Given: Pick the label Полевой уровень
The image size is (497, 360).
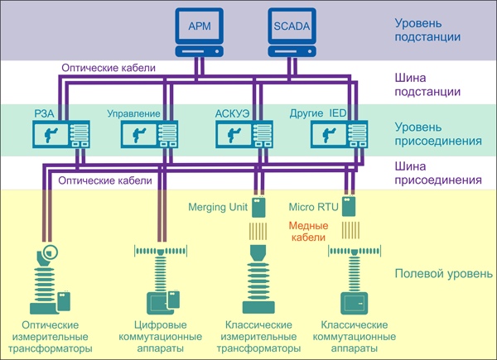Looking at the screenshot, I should pyautogui.click(x=443, y=273).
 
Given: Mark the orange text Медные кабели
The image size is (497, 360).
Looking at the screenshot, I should pyautogui.click(x=307, y=232).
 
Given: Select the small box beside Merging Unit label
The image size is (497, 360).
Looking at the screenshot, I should pyautogui.click(x=259, y=205).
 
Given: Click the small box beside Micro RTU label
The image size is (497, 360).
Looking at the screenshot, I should pyautogui.click(x=349, y=205).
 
